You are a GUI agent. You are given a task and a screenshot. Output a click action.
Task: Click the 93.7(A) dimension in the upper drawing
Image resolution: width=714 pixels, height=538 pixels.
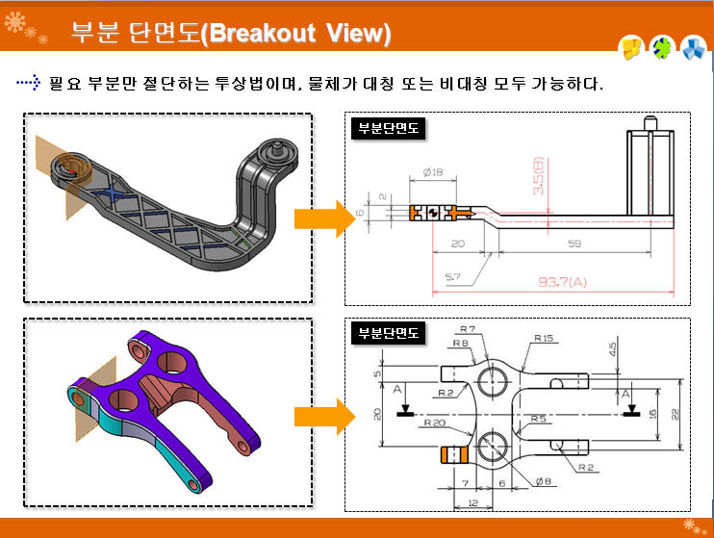tap(565, 282)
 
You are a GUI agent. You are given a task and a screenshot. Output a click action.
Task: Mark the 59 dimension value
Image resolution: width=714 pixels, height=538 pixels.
tap(574, 243)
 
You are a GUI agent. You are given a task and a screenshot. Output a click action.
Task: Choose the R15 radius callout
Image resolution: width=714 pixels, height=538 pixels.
tap(544, 338)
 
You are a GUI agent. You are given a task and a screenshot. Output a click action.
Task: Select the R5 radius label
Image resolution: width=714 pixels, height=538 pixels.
tap(540, 419)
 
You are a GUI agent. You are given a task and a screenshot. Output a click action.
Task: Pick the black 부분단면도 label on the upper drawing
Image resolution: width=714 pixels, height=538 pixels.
tap(388, 128)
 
